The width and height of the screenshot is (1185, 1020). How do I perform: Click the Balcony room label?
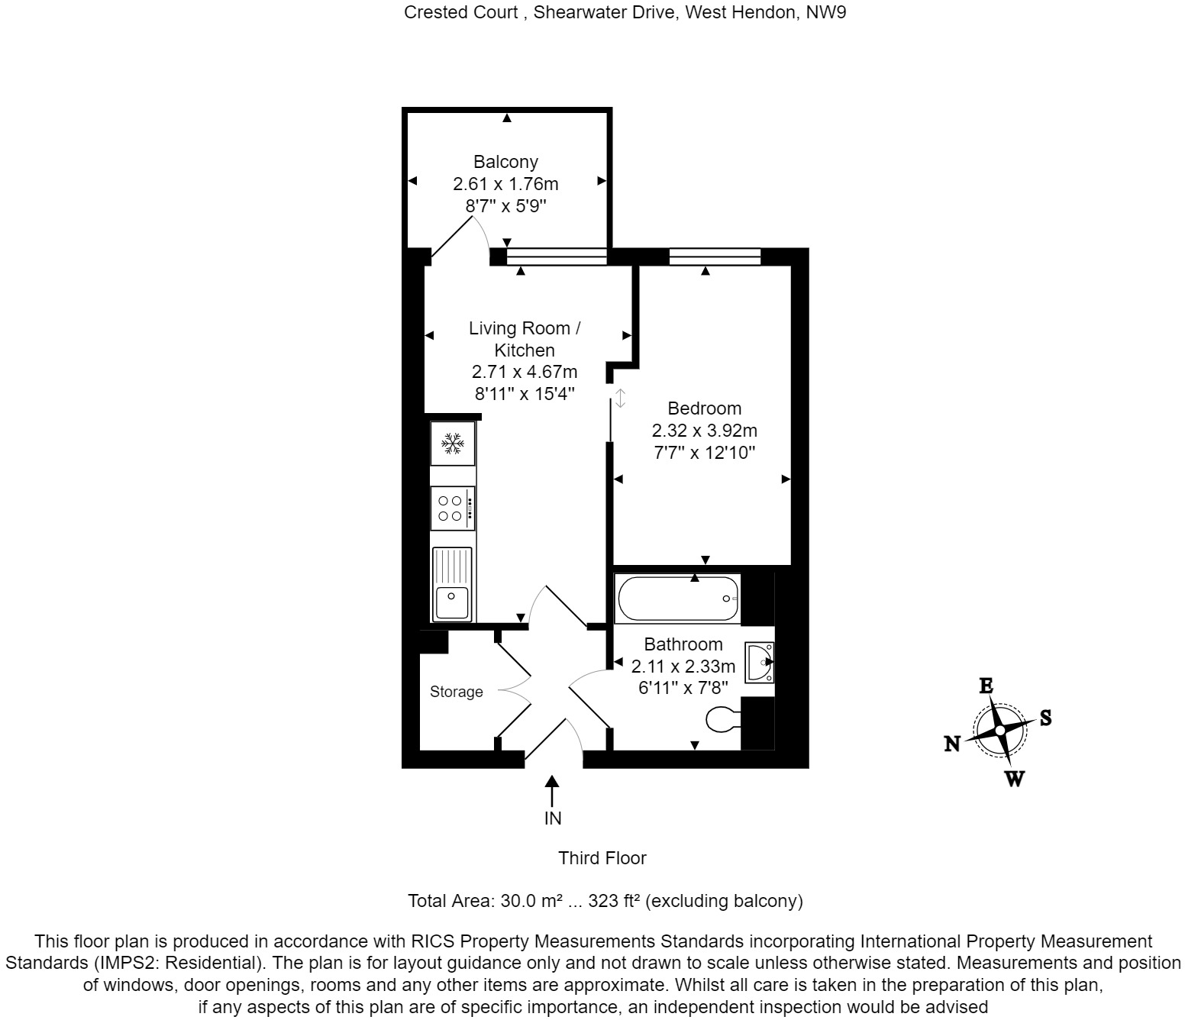click(x=505, y=162)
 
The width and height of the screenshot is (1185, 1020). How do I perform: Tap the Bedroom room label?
click(x=704, y=408)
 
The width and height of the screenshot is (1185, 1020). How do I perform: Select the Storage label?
click(x=456, y=692)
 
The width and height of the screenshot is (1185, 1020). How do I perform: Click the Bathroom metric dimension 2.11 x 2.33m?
click(x=683, y=666)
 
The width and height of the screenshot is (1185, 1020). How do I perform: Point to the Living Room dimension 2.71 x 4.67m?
click(x=525, y=373)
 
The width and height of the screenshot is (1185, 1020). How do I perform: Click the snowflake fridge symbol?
click(x=453, y=443)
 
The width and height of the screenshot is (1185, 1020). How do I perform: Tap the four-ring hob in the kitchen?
click(x=452, y=508)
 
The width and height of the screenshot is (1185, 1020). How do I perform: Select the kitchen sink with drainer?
click(x=452, y=584)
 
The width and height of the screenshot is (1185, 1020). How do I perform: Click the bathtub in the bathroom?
click(x=678, y=599)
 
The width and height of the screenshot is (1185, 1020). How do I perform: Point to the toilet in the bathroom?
click(x=722, y=718)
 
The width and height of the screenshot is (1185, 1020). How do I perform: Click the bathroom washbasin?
click(x=760, y=662)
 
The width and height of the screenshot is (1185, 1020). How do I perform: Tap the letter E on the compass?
click(x=986, y=686)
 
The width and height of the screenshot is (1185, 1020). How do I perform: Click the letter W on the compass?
click(x=1014, y=780)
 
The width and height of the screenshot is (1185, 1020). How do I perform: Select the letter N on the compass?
click(x=952, y=744)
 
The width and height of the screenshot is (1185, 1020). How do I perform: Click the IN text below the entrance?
click(x=552, y=818)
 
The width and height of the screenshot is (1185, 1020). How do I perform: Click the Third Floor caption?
click(x=602, y=858)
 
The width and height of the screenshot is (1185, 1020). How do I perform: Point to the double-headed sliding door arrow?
click(x=621, y=398)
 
